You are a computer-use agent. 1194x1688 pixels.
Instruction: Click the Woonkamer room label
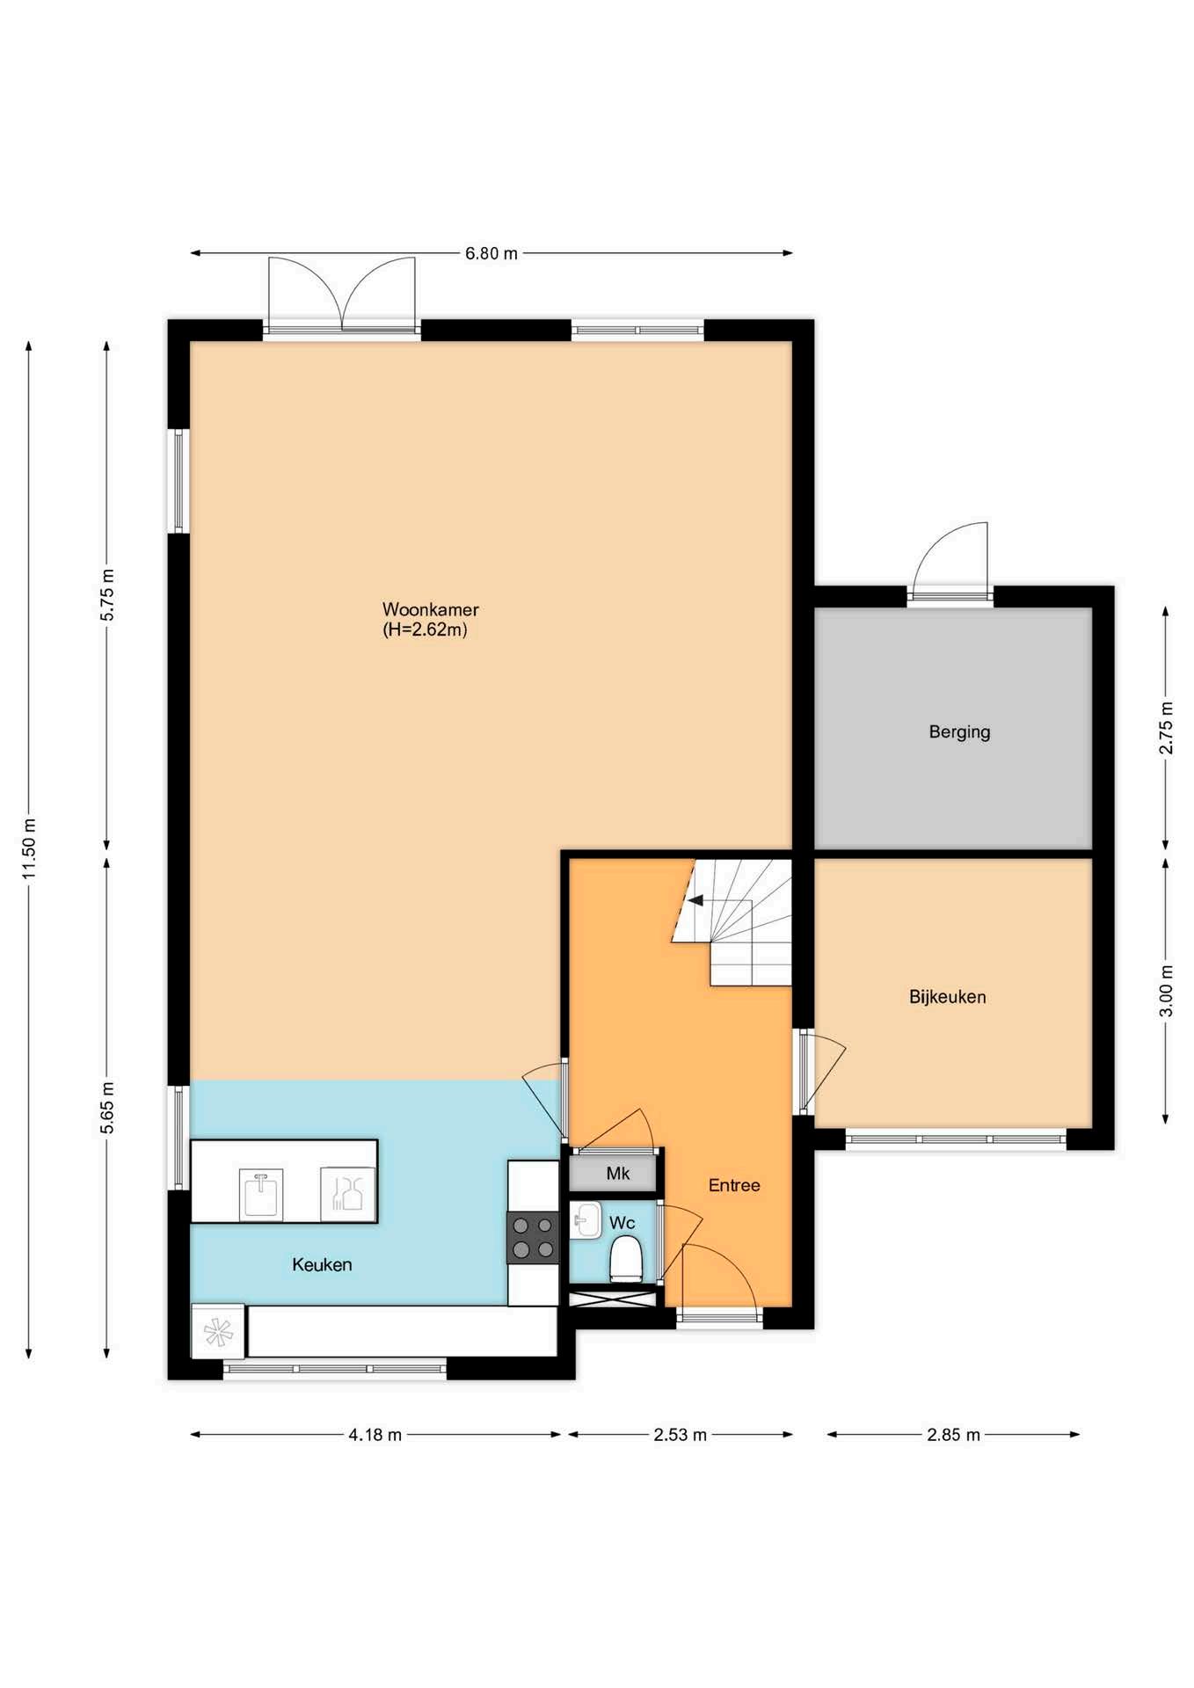pos(430,609)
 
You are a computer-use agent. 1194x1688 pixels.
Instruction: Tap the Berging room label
pos(959,731)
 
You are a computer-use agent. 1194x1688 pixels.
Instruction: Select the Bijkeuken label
pos(947,997)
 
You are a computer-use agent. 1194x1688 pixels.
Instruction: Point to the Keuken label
pos(322,1264)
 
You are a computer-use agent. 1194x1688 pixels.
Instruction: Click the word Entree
pos(734,1185)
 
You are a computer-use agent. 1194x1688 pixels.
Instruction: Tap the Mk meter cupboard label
pos(618,1173)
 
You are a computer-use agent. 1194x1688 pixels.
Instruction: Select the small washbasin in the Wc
pos(586,1220)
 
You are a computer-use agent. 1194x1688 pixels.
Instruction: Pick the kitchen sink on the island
pos(261,1194)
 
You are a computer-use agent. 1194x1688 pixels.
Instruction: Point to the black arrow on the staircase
pos(695,900)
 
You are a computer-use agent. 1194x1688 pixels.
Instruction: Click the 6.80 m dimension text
pos(491,253)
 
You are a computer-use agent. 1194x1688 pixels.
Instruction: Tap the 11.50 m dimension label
pos(30,848)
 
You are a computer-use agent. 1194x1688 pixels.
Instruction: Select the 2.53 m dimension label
pos(680,1435)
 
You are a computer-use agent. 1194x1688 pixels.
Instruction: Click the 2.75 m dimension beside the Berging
pos(1166,727)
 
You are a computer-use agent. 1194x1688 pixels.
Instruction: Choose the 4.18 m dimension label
pos(375,1435)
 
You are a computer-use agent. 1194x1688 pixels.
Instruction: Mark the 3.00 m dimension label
pos(1166,991)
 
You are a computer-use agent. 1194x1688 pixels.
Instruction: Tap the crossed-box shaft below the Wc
pos(613,1297)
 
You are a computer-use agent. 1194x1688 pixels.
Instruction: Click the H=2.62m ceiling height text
pos(425,629)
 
